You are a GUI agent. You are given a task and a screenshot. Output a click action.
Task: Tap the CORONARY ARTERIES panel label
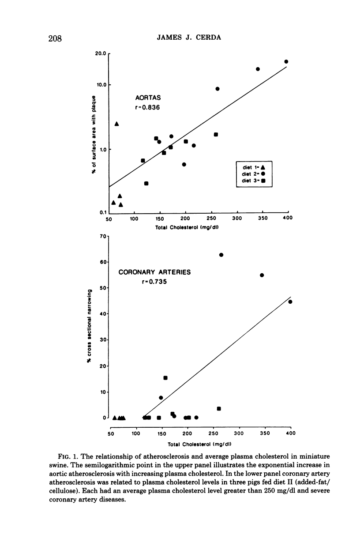(x=155, y=272)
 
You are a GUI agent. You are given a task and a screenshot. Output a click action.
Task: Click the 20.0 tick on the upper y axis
(x=101, y=54)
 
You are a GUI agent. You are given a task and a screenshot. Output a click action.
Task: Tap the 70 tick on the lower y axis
(x=104, y=236)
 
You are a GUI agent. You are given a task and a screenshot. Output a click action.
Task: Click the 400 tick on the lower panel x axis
(x=290, y=434)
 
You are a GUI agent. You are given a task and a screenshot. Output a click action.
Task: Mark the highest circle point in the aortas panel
(x=286, y=62)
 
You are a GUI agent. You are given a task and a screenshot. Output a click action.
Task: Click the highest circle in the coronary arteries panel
(x=221, y=255)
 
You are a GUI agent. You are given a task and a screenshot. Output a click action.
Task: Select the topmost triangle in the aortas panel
(x=117, y=124)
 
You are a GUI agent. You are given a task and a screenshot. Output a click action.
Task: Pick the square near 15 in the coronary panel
(x=165, y=378)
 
